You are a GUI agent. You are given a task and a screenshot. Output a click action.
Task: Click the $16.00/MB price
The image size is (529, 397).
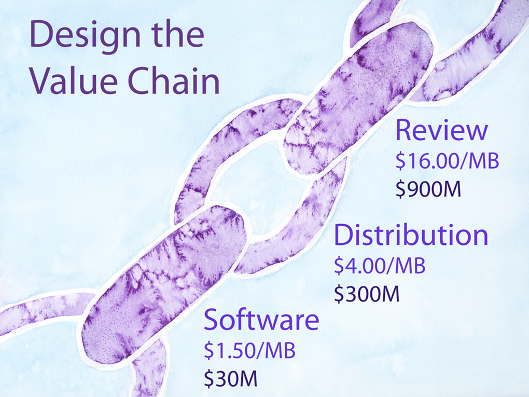pyautogui.click(x=448, y=160)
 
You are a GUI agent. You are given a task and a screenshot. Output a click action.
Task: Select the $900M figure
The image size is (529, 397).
pyautogui.click(x=428, y=188)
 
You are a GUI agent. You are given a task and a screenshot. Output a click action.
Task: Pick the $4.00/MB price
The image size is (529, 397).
pyautogui.click(x=380, y=265)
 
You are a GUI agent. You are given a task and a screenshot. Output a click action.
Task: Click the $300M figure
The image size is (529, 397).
pyautogui.click(x=367, y=293)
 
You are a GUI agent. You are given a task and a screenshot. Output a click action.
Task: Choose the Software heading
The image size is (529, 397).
pyautogui.click(x=261, y=319)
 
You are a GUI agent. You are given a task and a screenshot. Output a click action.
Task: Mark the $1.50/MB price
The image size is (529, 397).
pyautogui.click(x=249, y=350)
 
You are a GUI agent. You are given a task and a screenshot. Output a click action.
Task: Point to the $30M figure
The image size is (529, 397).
pyautogui.click(x=231, y=378)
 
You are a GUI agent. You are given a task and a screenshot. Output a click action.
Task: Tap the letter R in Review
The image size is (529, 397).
pyautogui.click(x=404, y=130)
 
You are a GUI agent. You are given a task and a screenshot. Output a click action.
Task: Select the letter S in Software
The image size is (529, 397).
pyautogui.click(x=211, y=319)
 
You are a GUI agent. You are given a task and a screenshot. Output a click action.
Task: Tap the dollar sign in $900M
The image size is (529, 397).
pyautogui.click(x=400, y=189)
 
